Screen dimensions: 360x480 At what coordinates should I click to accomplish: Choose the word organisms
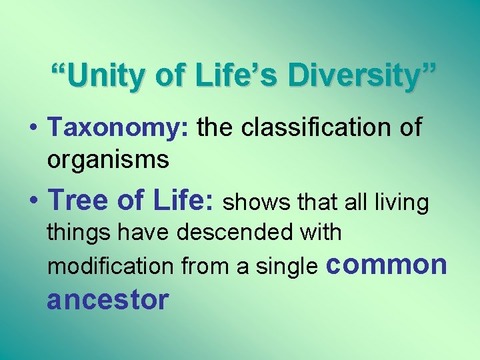coord(108,160)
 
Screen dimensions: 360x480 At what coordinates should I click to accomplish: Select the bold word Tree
coord(77,199)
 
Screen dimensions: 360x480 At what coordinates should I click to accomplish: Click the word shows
coord(254,202)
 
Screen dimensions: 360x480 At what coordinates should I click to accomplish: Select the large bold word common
coord(386,264)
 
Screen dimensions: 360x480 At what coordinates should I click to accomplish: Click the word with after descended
coord(320,233)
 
